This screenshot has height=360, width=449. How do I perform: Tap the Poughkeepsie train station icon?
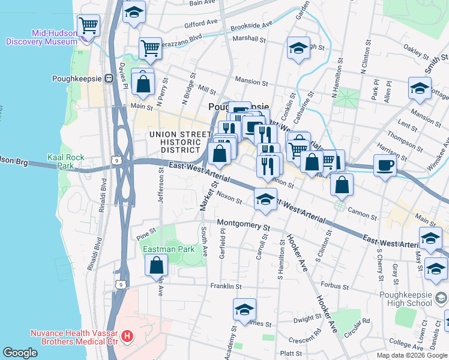[109, 79]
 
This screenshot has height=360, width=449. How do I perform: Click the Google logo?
[20, 352]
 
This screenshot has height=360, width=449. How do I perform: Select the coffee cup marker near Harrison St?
[385, 164]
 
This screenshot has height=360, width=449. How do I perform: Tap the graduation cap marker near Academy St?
[244, 310]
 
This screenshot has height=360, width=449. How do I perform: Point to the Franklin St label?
[225, 287]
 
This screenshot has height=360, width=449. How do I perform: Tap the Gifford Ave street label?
[201, 23]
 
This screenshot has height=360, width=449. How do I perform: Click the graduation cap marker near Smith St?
[420, 88]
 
